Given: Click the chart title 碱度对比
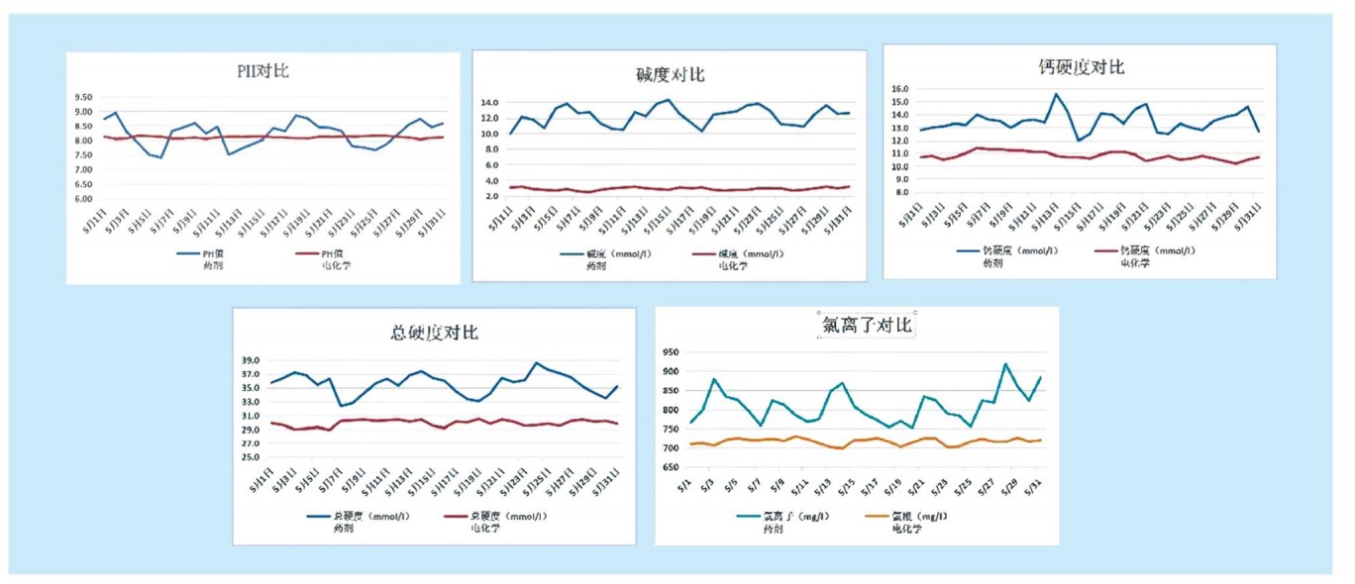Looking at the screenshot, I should (671, 75).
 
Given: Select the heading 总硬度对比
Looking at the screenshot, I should (434, 332).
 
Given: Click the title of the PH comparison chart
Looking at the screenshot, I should (257, 70).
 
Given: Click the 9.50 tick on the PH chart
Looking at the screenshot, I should (84, 97).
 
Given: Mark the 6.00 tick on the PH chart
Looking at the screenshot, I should (84, 199).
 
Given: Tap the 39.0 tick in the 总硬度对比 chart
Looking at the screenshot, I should (250, 360).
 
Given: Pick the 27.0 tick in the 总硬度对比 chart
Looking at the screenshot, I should (250, 443).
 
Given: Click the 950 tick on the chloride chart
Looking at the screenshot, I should (669, 352).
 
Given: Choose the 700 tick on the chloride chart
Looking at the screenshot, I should (669, 448).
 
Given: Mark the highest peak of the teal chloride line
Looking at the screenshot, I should (1006, 364).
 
